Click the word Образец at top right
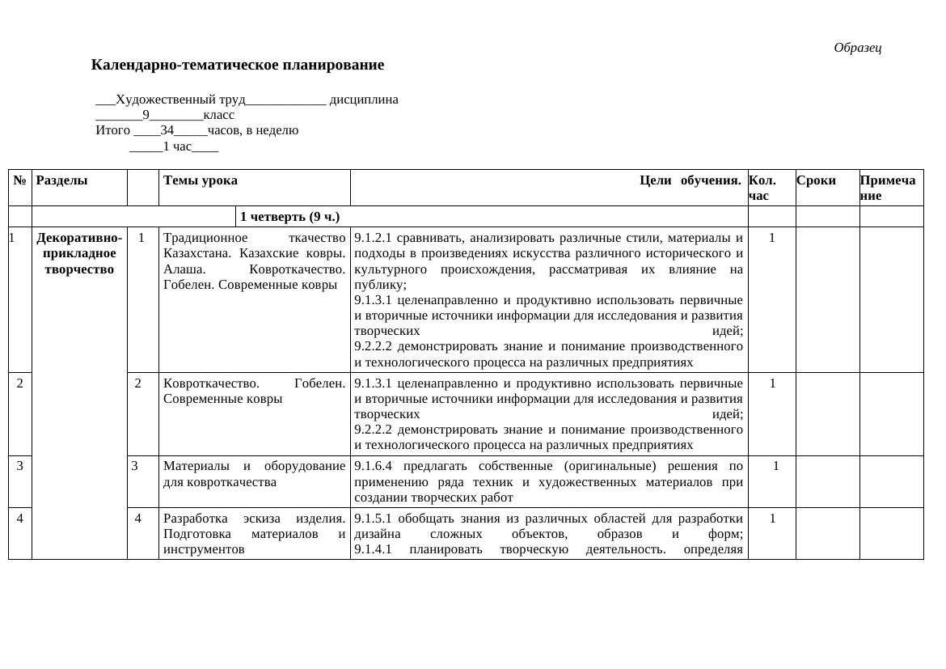tap(857, 48)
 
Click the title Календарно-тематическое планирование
tap(237, 65)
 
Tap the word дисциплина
tap(364, 100)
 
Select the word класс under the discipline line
tap(218, 115)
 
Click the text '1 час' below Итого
tap(177, 146)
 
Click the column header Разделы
tap(62, 180)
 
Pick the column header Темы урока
tap(201, 180)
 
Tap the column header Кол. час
tap(762, 188)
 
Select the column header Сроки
tap(816, 180)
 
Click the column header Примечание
tap(888, 188)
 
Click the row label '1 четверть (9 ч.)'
tap(289, 217)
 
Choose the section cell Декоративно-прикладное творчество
tap(79, 253)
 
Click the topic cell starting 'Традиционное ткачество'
tap(254, 261)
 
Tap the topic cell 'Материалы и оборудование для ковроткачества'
tap(254, 474)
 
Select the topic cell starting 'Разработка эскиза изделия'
tap(254, 533)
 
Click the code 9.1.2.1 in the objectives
tap(374, 238)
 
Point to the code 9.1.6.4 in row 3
tap(374, 466)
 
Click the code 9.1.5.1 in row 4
tap(374, 518)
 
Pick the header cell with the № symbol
tap(19, 180)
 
